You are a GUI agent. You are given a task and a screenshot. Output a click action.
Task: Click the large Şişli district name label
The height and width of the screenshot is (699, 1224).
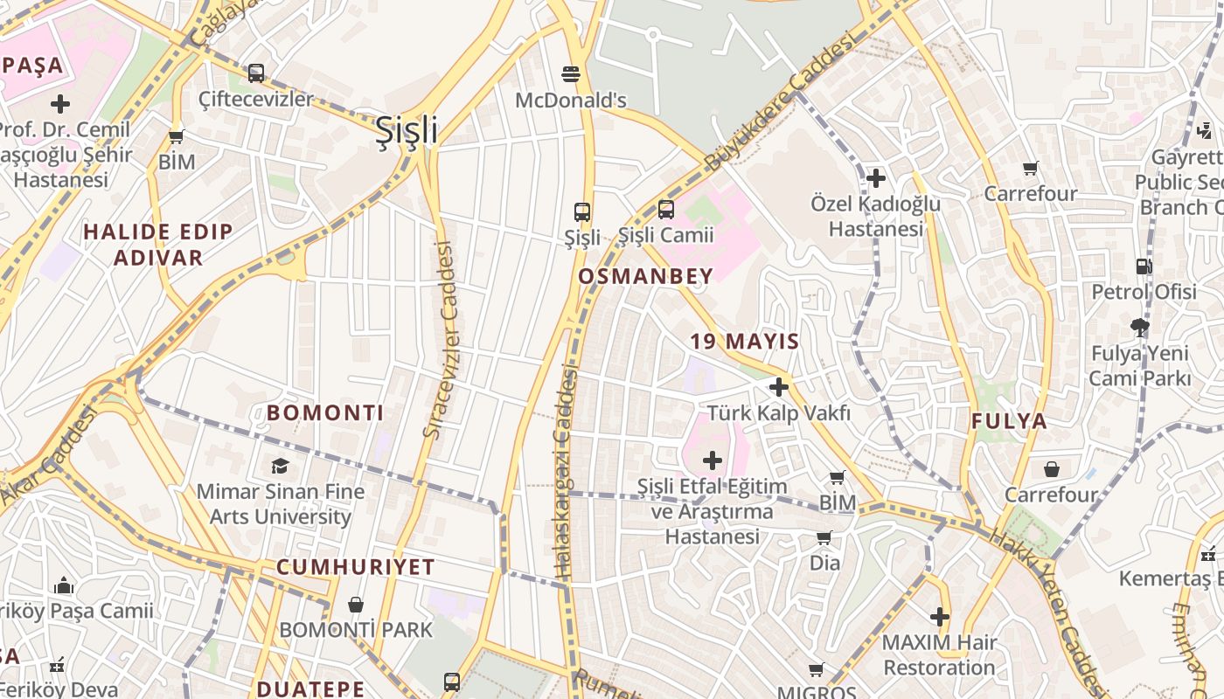click(x=407, y=130)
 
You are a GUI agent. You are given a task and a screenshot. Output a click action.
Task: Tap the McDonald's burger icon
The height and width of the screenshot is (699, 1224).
click(x=571, y=74)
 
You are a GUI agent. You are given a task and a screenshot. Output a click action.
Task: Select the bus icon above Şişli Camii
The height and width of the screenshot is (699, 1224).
click(x=666, y=210)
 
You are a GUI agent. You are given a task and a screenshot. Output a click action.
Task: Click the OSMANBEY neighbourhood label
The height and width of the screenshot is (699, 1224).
click(x=646, y=276)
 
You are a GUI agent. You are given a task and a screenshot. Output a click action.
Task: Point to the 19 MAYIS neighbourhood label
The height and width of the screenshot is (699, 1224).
click(x=745, y=342)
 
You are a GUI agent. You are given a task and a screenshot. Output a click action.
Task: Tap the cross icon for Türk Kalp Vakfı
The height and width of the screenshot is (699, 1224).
click(x=779, y=387)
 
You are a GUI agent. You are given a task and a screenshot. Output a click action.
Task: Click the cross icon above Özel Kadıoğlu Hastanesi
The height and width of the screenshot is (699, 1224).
click(x=875, y=178)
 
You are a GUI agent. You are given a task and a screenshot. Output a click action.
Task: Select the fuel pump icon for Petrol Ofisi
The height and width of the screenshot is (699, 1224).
click(x=1144, y=266)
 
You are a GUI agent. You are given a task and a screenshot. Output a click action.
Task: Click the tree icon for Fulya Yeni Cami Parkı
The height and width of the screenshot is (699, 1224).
click(x=1139, y=329)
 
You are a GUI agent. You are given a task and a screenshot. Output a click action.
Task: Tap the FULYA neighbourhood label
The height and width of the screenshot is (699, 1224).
click(x=1009, y=421)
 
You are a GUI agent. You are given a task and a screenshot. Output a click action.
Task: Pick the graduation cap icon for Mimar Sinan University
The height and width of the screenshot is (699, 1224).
click(x=280, y=467)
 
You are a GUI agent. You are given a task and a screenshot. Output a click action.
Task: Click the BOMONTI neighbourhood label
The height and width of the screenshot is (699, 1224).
click(x=325, y=413)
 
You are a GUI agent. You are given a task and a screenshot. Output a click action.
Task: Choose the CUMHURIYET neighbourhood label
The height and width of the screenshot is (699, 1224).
click(x=356, y=567)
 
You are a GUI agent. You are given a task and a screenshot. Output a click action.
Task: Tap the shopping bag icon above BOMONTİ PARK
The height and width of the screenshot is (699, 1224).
click(x=356, y=605)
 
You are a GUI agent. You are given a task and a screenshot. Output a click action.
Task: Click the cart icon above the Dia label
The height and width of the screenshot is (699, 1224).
click(x=824, y=538)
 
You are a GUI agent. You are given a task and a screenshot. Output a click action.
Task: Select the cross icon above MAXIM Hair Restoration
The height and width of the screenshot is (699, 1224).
click(x=940, y=617)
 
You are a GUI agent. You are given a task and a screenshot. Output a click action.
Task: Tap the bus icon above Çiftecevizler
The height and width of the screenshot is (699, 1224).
click(x=255, y=73)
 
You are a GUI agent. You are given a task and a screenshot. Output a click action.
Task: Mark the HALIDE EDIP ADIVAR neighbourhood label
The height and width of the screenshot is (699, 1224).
click(x=158, y=245)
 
